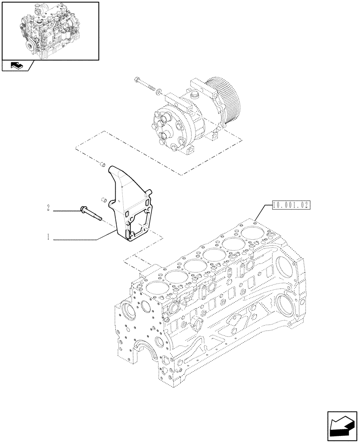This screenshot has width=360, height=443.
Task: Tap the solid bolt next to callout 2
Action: pos(91,213)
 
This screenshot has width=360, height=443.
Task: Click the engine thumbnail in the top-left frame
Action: pos(49,31)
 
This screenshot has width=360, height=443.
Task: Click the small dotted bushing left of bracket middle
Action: pos(104,200)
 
